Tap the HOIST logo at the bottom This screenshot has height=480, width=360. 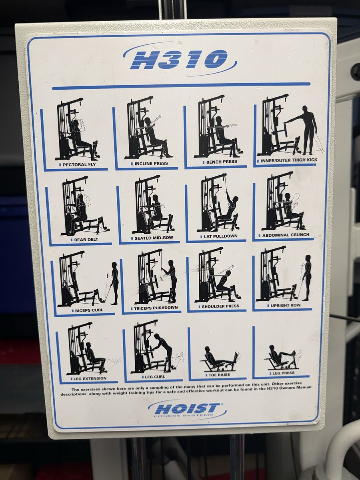click(187, 408)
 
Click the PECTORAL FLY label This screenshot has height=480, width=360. click(79, 164)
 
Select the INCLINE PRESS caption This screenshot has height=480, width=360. click(151, 163)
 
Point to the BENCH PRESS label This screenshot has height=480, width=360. click(222, 162)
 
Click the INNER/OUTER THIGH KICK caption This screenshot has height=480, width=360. click(289, 160)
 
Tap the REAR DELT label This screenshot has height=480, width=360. click(86, 240)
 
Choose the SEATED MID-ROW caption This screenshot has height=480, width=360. click(154, 238)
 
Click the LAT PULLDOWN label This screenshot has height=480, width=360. click(220, 236)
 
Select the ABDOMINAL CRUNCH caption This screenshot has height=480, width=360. click(286, 235)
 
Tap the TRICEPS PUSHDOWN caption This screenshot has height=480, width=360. click(156, 308)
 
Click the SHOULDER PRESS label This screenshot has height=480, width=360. click(220, 306)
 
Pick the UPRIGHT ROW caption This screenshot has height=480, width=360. click(286, 305)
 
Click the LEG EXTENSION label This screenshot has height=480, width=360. click(90, 378)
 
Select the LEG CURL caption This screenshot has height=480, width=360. click(154, 376)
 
